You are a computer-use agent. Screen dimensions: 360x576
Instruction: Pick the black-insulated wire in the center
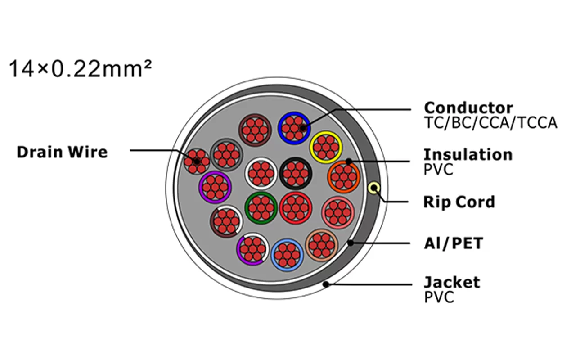click(296, 173)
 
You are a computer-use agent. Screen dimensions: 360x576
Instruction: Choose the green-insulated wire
click(261, 208)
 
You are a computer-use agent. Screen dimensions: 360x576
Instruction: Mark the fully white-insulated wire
click(261, 173)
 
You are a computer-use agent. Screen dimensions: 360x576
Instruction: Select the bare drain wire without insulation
click(197, 161)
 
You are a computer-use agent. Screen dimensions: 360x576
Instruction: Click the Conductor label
click(468, 108)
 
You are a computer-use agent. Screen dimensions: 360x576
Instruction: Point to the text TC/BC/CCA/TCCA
click(490, 123)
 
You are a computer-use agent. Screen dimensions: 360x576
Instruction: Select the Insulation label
click(468, 154)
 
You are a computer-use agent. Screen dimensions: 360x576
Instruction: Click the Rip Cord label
click(459, 202)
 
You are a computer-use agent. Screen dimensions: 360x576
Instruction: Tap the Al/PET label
click(453, 243)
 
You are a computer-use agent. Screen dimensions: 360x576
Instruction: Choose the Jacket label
click(452, 283)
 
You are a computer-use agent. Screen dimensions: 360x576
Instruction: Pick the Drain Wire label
click(62, 152)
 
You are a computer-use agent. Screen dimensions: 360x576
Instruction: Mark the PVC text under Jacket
click(439, 297)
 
